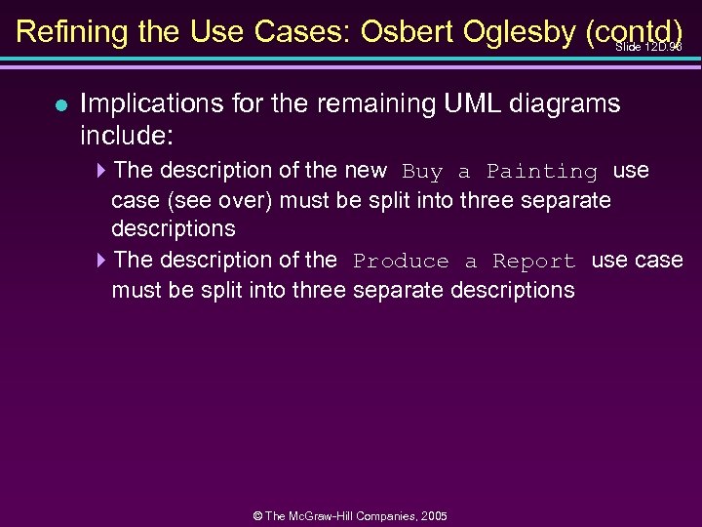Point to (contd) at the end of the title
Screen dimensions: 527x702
(635, 31)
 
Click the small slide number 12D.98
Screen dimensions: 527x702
(649, 47)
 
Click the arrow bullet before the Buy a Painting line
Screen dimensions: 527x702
(102, 171)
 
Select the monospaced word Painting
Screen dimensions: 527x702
(541, 172)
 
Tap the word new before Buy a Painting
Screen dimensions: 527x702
(366, 171)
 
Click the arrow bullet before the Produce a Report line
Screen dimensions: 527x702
(102, 261)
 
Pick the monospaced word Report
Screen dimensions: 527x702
(534, 262)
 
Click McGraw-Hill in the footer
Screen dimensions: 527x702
(326, 515)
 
